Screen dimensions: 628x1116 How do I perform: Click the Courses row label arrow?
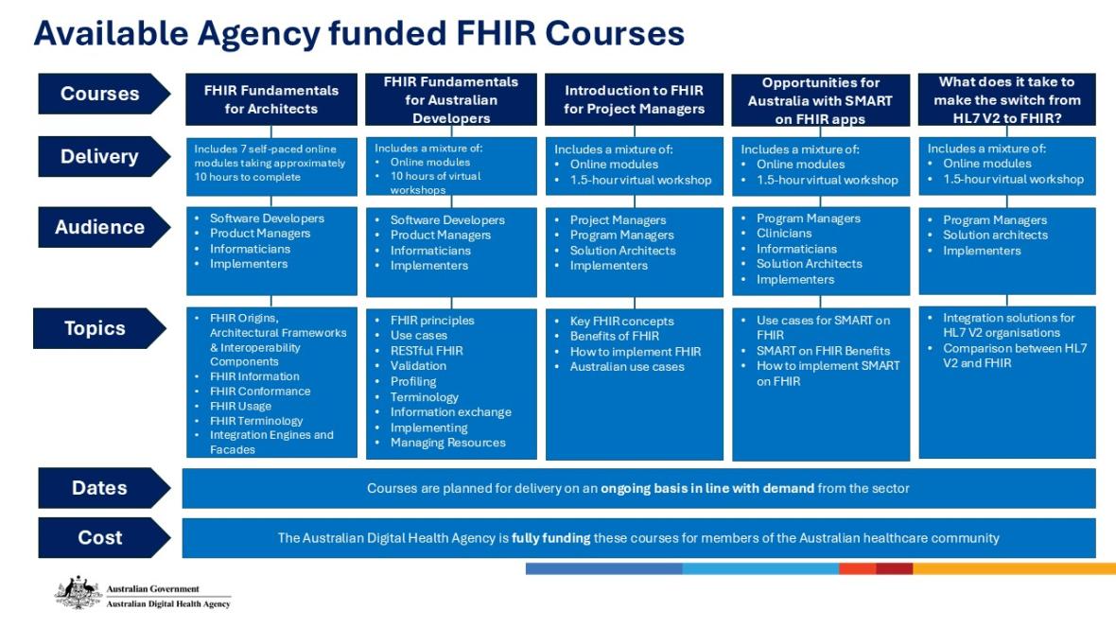pos(100,94)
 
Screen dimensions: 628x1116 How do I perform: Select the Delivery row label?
pos(100,157)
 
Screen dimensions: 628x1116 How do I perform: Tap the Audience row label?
pos(100,227)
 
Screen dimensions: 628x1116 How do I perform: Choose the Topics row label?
pos(96,328)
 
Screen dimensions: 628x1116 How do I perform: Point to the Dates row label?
pos(100,488)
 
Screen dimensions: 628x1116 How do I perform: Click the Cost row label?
pos(100,537)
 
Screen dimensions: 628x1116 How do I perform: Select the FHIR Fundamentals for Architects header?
pos(271,99)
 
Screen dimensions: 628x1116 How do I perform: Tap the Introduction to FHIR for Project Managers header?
pos(634,99)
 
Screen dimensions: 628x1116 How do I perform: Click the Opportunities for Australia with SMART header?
pos(820,100)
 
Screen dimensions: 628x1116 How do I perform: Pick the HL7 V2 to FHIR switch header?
pos(1006,99)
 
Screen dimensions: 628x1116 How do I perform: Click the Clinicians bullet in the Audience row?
pos(784,233)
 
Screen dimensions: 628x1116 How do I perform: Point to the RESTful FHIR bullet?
pos(427,351)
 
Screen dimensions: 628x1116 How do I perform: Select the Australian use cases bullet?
pos(627,366)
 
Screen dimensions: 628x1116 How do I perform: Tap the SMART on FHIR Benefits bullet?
pos(823,351)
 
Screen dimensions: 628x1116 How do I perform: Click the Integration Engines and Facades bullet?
pos(271,442)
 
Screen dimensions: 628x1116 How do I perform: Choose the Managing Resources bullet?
pos(447,443)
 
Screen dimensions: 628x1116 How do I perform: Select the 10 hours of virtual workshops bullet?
pos(435,183)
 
